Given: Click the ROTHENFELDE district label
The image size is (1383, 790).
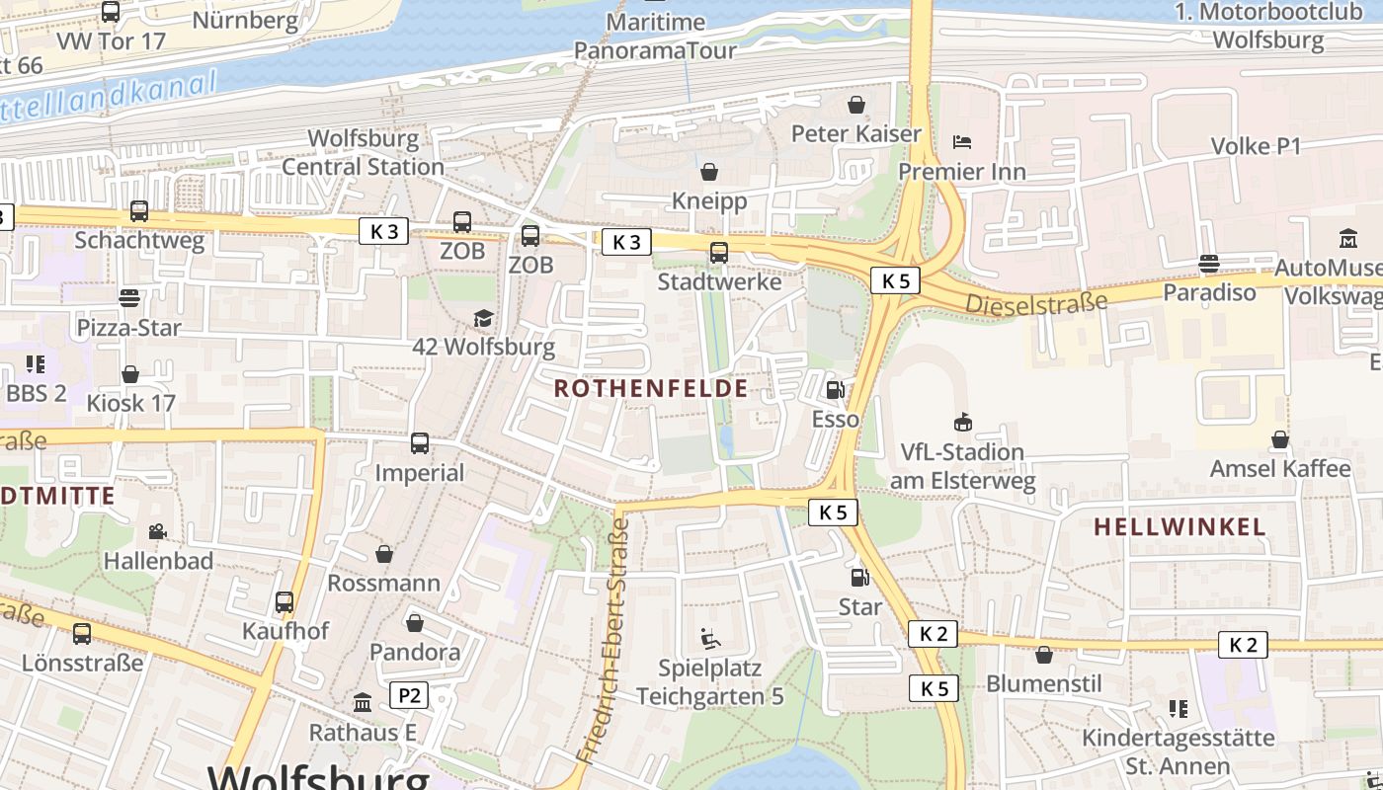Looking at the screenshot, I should [650, 388].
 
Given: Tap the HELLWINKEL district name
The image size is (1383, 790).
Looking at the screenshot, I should [1180, 527].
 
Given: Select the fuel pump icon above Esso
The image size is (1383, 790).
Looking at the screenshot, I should [835, 390].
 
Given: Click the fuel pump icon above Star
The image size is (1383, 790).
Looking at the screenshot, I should [859, 577].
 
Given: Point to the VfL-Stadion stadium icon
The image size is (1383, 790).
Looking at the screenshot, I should [962, 423].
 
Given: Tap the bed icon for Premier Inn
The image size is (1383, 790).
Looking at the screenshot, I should [962, 142].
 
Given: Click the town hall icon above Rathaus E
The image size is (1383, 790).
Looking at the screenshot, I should [363, 703].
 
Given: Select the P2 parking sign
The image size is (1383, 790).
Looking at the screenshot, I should [409, 696].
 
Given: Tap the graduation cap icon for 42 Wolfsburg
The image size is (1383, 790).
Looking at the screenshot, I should [483, 318].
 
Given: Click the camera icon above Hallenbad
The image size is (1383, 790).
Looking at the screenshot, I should [158, 532].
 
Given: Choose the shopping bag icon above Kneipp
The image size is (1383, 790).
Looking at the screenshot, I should [708, 173].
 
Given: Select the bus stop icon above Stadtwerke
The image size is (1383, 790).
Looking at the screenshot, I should [719, 253].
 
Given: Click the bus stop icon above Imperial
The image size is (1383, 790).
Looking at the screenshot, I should [420, 443].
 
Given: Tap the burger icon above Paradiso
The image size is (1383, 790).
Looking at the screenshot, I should [1208, 264].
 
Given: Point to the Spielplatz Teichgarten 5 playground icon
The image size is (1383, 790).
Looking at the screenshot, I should [709, 639].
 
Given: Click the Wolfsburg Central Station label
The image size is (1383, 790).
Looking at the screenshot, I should [363, 152].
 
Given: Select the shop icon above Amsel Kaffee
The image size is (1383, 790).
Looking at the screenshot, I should [1280, 439].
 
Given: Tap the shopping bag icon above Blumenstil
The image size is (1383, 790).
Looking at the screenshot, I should [1044, 655].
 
